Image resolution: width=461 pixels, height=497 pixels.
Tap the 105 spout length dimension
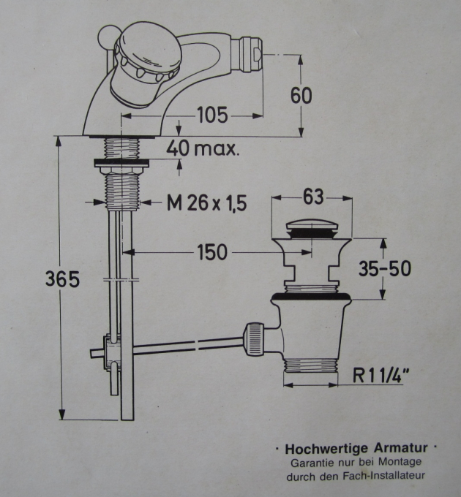(212, 115)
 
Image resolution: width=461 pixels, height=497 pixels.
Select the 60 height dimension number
(301, 96)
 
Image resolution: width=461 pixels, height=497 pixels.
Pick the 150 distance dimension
(211, 253)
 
